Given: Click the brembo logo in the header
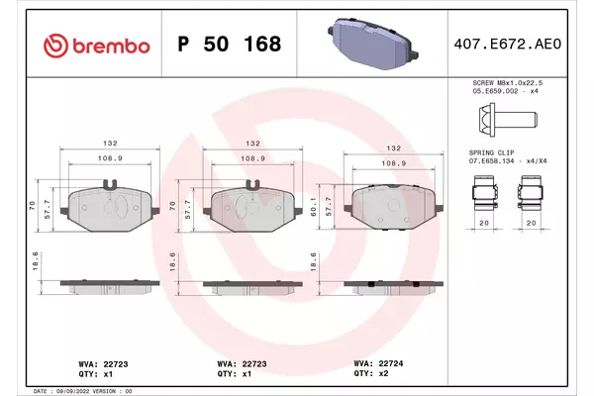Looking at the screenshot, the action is point(97,46).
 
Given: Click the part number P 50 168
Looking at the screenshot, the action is point(230,44).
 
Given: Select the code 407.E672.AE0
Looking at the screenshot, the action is point(507,44).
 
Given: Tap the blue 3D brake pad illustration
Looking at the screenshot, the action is point(373,44).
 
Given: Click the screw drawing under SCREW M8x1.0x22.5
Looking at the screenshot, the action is point(508,120).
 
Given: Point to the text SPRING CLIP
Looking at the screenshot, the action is point(491,152).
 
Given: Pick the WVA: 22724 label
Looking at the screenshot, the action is point(378,363).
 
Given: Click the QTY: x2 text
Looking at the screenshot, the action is point(371,373).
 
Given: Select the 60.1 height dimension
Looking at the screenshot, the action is point(313,207).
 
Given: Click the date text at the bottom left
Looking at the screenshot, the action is point(82,391).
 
